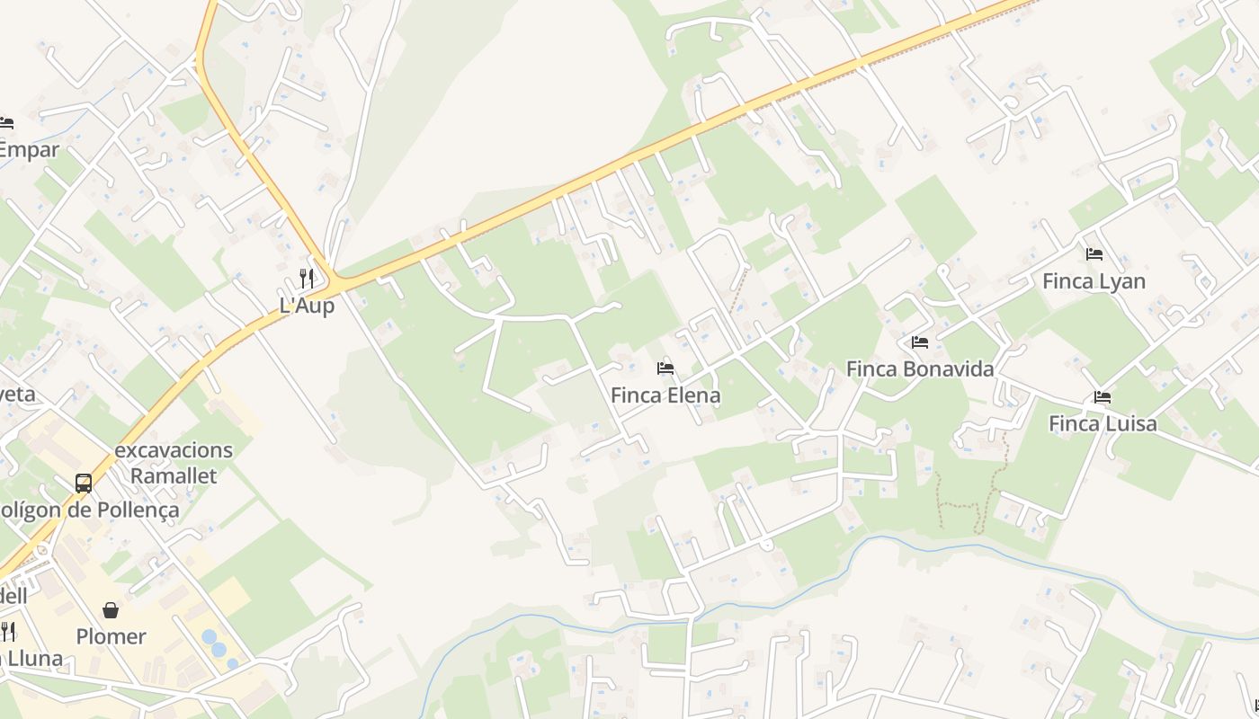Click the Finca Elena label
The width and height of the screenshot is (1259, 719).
(x=665, y=395)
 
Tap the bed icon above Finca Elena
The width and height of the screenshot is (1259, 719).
(x=665, y=368)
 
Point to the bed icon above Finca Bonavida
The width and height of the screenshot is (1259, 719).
(x=920, y=342)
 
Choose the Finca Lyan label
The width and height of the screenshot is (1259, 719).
(x=1094, y=281)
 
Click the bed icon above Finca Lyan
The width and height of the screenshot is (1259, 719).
(x=1094, y=254)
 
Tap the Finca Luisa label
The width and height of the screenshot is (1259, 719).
(x=1103, y=423)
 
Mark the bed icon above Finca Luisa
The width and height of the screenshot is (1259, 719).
(x=1103, y=397)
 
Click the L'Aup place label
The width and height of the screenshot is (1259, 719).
(x=307, y=306)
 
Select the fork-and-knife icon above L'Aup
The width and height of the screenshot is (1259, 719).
(x=307, y=278)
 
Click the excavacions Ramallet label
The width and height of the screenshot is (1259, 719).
(x=174, y=463)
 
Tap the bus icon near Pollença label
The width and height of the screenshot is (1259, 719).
(x=84, y=484)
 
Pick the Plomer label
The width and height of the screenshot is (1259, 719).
(x=111, y=637)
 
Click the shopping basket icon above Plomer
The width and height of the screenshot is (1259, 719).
(x=111, y=611)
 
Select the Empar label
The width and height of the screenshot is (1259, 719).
(x=29, y=150)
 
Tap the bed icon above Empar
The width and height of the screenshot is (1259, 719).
(x=6, y=123)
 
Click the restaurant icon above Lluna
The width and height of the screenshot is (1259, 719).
(x=7, y=631)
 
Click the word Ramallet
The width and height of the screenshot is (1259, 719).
(x=174, y=475)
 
